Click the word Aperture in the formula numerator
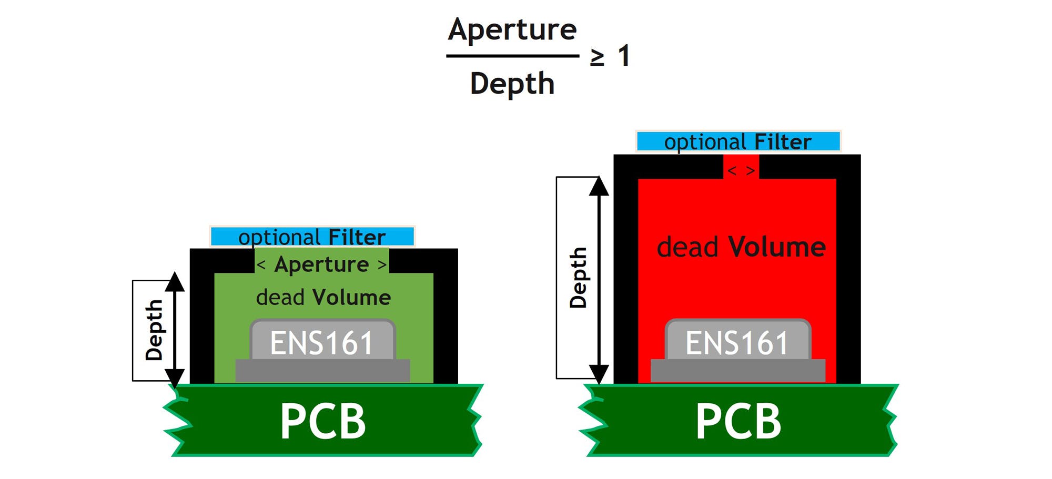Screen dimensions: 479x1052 coord(512,29)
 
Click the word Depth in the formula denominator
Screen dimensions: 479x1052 coord(512,84)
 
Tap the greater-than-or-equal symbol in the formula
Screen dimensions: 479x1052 coord(597,57)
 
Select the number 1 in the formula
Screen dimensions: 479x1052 coord(624,56)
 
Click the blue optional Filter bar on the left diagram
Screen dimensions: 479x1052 coord(312,237)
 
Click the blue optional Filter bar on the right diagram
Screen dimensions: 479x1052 coord(738,141)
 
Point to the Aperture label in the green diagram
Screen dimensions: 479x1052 coord(321,264)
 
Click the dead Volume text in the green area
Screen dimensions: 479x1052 coord(323,298)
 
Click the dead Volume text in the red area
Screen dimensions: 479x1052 coord(741,247)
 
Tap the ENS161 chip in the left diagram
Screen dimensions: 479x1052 coord(322,342)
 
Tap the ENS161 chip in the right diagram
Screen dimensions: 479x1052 coord(737,342)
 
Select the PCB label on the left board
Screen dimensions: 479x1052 coord(322,421)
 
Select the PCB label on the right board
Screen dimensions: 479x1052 coord(738,421)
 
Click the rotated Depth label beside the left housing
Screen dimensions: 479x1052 coord(154,330)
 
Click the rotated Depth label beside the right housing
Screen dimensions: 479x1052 coord(578,278)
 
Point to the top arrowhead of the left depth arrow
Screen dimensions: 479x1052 coord(175,282)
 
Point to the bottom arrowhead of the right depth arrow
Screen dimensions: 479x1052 coord(599,373)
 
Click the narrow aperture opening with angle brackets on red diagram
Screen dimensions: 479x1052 coord(741,170)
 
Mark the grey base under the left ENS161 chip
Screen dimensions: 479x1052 coord(322,371)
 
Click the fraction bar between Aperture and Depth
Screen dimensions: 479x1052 coord(512,56)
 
